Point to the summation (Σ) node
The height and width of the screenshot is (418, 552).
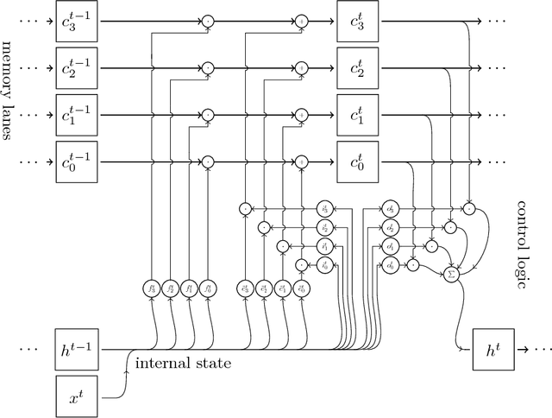coord(449,274)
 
